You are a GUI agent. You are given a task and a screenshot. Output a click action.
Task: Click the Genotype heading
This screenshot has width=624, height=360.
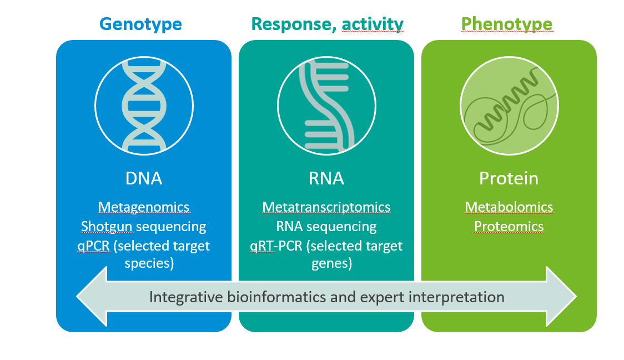click(140, 24)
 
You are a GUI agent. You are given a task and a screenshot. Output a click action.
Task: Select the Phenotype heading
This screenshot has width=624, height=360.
click(507, 24)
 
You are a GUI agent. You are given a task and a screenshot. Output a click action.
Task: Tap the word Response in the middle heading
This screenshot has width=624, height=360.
click(293, 24)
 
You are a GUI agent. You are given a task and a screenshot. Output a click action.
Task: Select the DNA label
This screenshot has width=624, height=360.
click(143, 178)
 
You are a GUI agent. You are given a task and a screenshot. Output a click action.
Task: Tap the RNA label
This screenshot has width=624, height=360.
click(326, 178)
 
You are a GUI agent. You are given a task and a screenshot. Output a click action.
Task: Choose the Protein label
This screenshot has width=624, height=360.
click(509, 178)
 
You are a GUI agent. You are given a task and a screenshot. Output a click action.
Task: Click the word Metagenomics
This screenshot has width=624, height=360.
click(144, 207)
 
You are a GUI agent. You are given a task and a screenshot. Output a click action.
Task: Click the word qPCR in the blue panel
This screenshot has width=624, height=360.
click(94, 246)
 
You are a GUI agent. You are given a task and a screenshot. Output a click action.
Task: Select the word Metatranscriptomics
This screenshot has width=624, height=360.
click(326, 207)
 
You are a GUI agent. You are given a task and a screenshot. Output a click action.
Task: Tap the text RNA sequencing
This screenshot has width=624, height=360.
click(326, 227)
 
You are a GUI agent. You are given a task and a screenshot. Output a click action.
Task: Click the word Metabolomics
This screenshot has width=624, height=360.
click(509, 207)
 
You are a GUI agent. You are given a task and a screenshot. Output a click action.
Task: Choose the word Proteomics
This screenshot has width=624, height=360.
click(509, 227)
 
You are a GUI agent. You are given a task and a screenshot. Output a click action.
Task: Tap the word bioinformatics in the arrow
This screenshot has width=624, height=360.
click(269, 297)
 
